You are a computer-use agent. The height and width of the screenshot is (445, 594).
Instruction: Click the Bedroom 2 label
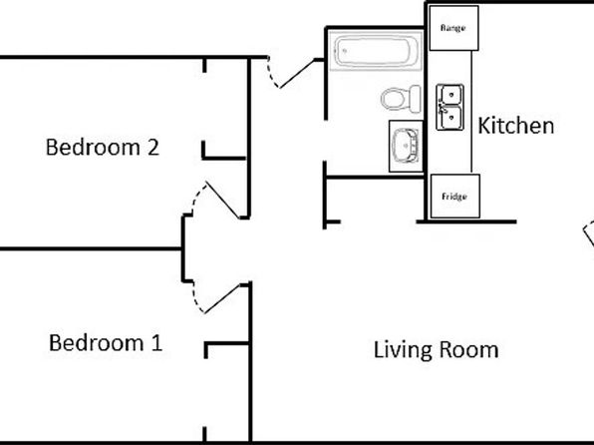(103, 148)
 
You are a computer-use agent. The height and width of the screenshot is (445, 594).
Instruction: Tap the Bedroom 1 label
(106, 343)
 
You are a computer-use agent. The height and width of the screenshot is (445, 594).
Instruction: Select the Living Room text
(436, 350)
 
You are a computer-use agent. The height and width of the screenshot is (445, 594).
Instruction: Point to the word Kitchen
(515, 126)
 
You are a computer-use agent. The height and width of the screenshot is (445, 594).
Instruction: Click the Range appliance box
(453, 28)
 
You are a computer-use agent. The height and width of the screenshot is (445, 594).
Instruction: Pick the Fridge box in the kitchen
(453, 197)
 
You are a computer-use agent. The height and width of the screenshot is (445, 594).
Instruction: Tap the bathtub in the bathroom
(374, 51)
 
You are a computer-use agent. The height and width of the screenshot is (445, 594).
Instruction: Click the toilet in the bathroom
(398, 100)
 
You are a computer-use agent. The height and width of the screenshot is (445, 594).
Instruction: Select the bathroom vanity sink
(405, 145)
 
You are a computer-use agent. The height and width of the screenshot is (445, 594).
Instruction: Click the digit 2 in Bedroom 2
(152, 148)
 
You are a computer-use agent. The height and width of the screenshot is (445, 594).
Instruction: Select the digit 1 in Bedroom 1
(155, 343)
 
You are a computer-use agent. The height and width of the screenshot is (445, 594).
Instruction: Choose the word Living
(404, 351)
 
